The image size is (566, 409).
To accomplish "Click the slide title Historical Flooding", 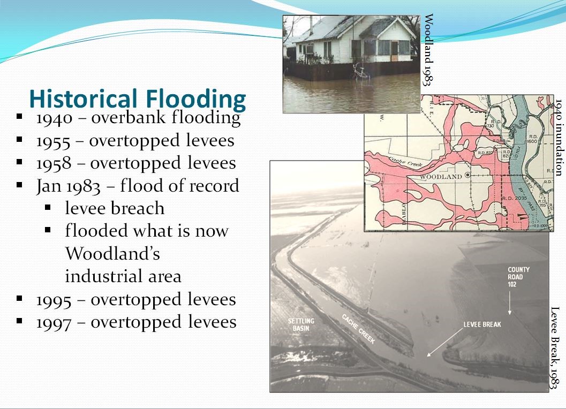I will point(138,99).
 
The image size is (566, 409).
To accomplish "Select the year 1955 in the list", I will point(54,141).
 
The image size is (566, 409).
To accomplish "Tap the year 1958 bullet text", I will point(54,163).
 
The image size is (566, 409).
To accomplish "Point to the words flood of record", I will point(179,186).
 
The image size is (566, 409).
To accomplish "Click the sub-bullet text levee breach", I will point(115,208).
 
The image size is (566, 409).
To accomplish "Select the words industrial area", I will point(123,276).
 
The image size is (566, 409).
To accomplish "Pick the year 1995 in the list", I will point(54,300).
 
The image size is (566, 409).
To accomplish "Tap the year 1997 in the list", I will point(54,322).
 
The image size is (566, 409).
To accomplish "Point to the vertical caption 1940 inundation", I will point(559,137).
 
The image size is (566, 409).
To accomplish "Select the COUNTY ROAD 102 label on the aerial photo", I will point(518,277).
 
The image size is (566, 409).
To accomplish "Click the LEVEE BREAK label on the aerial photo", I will point(482,324).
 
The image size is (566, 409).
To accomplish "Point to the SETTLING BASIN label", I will point(300,325).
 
